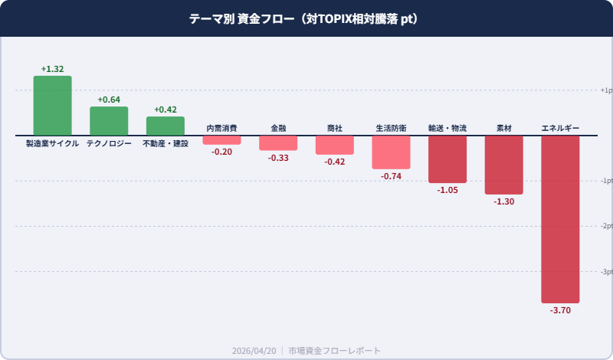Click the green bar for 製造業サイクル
click(52, 106)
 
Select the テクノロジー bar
click(109, 121)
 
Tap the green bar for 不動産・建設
click(166, 126)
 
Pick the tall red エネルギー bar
click(560, 219)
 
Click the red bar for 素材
click(503, 165)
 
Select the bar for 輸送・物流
click(447, 159)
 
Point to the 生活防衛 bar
click(391, 152)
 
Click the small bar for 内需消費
click(221, 140)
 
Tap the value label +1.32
click(52, 69)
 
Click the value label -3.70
click(560, 310)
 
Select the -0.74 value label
click(391, 176)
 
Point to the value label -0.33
click(278, 158)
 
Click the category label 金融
click(278, 128)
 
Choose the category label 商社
click(335, 128)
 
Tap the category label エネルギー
click(560, 128)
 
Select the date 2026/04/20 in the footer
click(254, 350)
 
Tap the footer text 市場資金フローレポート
click(335, 350)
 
